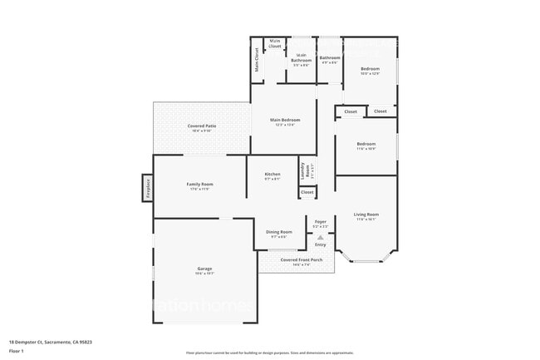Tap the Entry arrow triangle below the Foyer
[320, 237]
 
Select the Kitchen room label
[272, 175]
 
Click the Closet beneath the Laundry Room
[307, 192]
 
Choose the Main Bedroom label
[285, 121]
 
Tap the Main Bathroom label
[301, 59]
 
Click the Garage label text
[204, 269]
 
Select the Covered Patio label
[202, 127]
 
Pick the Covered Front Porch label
[297, 261]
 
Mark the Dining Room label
[278, 233]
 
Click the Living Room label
[366, 215]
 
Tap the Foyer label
[321, 222]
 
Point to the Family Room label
[199, 185]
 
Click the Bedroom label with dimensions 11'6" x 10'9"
[366, 145]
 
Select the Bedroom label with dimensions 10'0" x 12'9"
[370, 70]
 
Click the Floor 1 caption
[17, 352]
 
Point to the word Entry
[320, 244]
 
